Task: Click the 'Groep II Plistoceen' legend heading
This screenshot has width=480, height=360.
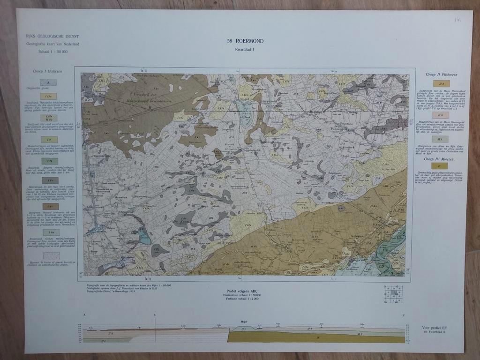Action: (442, 75)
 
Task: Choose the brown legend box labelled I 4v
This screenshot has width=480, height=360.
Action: (50, 206)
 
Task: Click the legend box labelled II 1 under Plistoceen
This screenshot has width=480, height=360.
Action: (440, 139)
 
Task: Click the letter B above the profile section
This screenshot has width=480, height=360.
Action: (154, 315)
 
